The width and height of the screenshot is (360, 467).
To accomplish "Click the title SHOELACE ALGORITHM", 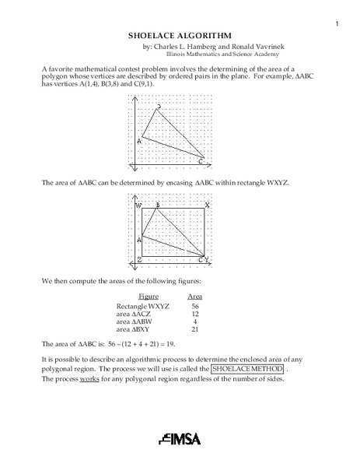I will (x=180, y=35).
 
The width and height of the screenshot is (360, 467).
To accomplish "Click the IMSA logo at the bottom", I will (x=180, y=438).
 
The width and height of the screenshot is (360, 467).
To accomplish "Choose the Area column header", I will (x=195, y=296).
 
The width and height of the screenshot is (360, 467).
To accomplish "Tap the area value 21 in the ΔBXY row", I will (x=195, y=328).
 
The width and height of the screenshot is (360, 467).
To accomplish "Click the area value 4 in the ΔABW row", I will (x=195, y=321).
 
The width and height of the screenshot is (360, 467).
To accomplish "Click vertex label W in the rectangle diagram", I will (x=139, y=206).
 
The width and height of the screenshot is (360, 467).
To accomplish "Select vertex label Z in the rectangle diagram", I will (x=139, y=259).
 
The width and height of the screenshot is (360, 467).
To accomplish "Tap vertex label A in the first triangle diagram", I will (x=140, y=141).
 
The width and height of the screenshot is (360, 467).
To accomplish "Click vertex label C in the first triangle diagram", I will (x=201, y=161).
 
